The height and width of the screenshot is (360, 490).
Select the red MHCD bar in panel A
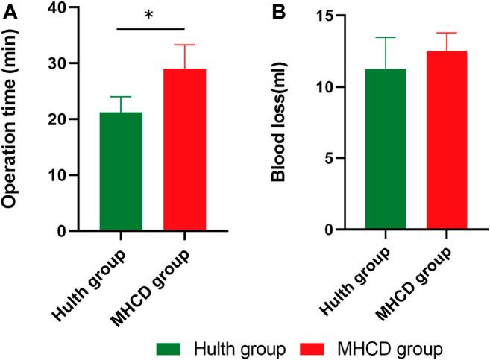(x=184, y=150)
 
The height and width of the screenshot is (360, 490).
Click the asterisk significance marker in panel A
(x=149, y=15)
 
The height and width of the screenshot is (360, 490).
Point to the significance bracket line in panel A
(x=150, y=29)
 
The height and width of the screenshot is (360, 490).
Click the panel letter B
(x=278, y=10)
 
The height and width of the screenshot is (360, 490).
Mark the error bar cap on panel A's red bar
(x=184, y=45)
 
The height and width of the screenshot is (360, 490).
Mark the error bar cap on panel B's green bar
(x=386, y=37)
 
